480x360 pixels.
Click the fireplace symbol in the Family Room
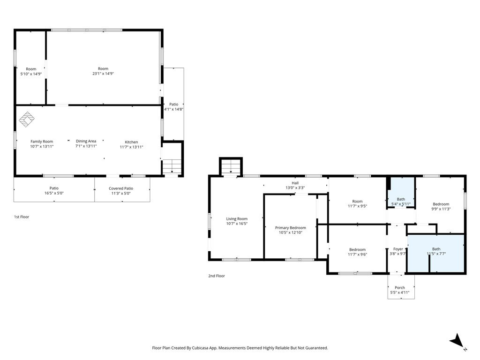pos(27,120)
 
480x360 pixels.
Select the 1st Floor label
pos(22,217)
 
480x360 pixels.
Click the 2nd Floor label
pos(217,276)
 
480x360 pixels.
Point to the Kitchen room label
pos(131,142)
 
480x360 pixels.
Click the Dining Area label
pos(86,141)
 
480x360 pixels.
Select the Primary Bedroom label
pos(291,228)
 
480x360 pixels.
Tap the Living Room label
pos(237,219)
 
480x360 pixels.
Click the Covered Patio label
pos(121,188)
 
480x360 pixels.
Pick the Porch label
pos(400,288)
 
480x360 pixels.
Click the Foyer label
pos(398,249)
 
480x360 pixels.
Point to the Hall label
pos(295,183)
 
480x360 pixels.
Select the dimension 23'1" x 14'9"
pos(103,74)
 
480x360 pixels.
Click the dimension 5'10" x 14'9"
pos(31,74)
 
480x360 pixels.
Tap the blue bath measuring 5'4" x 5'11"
pos(401,193)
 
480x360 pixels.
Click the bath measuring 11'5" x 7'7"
pos(436,253)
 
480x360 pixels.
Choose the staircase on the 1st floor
pos(172,166)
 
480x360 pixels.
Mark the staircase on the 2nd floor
pos(231,167)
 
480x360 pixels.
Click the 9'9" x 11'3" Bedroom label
pos(441,204)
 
